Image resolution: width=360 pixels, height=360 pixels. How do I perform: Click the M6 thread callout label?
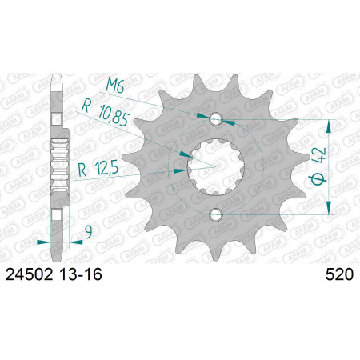pos(115,86)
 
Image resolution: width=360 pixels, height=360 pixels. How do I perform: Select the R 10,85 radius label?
pos(106,112)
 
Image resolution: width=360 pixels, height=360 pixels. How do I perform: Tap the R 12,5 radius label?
pos(98,169)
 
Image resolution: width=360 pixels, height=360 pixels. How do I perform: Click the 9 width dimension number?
pos(88,232)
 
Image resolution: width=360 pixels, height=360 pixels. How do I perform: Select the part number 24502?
pos(29,274)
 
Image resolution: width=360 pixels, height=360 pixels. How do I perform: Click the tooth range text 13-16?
pos(81,274)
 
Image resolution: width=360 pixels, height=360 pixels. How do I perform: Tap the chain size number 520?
pos(339,274)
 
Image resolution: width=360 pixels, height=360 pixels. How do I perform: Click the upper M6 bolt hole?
pos(216,119)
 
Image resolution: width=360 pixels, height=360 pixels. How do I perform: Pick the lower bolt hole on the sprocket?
pos(216,214)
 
